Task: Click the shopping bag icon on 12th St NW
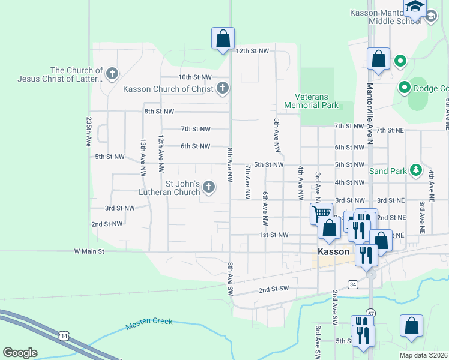point(223,38)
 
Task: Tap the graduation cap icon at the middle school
point(414,7)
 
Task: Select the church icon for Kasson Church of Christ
point(222,89)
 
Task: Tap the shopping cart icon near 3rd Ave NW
point(321,212)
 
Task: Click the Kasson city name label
point(333,252)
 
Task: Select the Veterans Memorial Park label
point(316,101)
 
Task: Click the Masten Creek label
point(149,325)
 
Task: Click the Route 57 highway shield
point(371,313)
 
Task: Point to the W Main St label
point(89,251)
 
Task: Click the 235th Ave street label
point(89,131)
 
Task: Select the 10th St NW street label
point(195,77)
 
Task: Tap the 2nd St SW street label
point(274,289)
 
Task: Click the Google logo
point(20,352)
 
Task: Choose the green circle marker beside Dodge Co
point(405,88)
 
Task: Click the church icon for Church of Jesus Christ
point(112,74)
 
